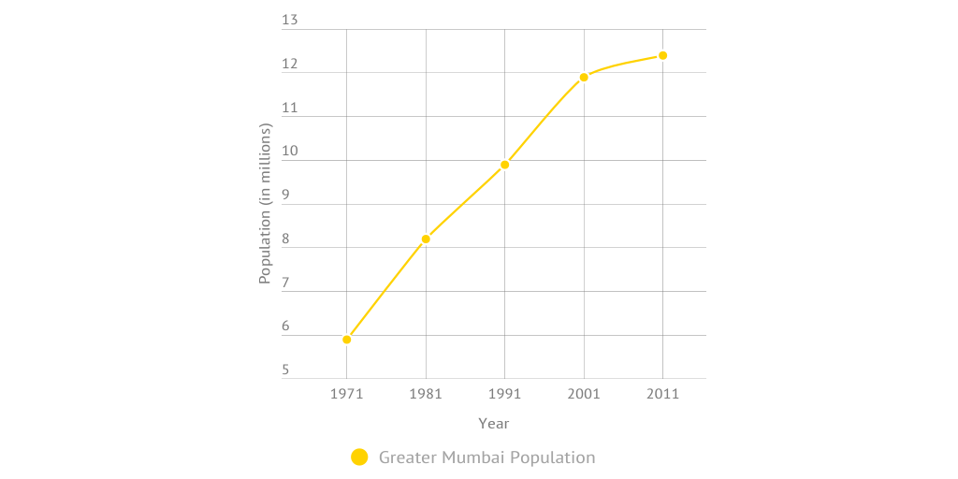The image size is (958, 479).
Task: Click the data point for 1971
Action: (347, 340)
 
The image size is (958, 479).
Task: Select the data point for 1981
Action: (426, 239)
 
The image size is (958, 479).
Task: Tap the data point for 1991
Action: (505, 165)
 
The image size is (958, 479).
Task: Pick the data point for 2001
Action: (584, 78)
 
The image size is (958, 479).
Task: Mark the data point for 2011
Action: (663, 55)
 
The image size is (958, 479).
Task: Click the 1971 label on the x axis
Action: (347, 394)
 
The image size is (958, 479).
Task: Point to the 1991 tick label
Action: (505, 394)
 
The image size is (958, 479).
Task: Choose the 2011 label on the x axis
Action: (663, 394)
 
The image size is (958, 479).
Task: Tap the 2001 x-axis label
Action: (584, 394)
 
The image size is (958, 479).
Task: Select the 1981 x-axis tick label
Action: (426, 394)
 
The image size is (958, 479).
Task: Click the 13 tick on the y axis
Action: (289, 21)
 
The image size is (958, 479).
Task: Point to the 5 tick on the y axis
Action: (285, 370)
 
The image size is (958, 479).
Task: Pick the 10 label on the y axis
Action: (289, 152)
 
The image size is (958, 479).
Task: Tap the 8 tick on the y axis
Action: (285, 239)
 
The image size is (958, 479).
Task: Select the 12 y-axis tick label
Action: (289, 65)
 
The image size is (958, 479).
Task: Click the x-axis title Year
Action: (494, 424)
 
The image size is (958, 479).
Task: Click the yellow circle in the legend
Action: (359, 457)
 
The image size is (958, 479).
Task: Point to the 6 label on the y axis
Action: (285, 327)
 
